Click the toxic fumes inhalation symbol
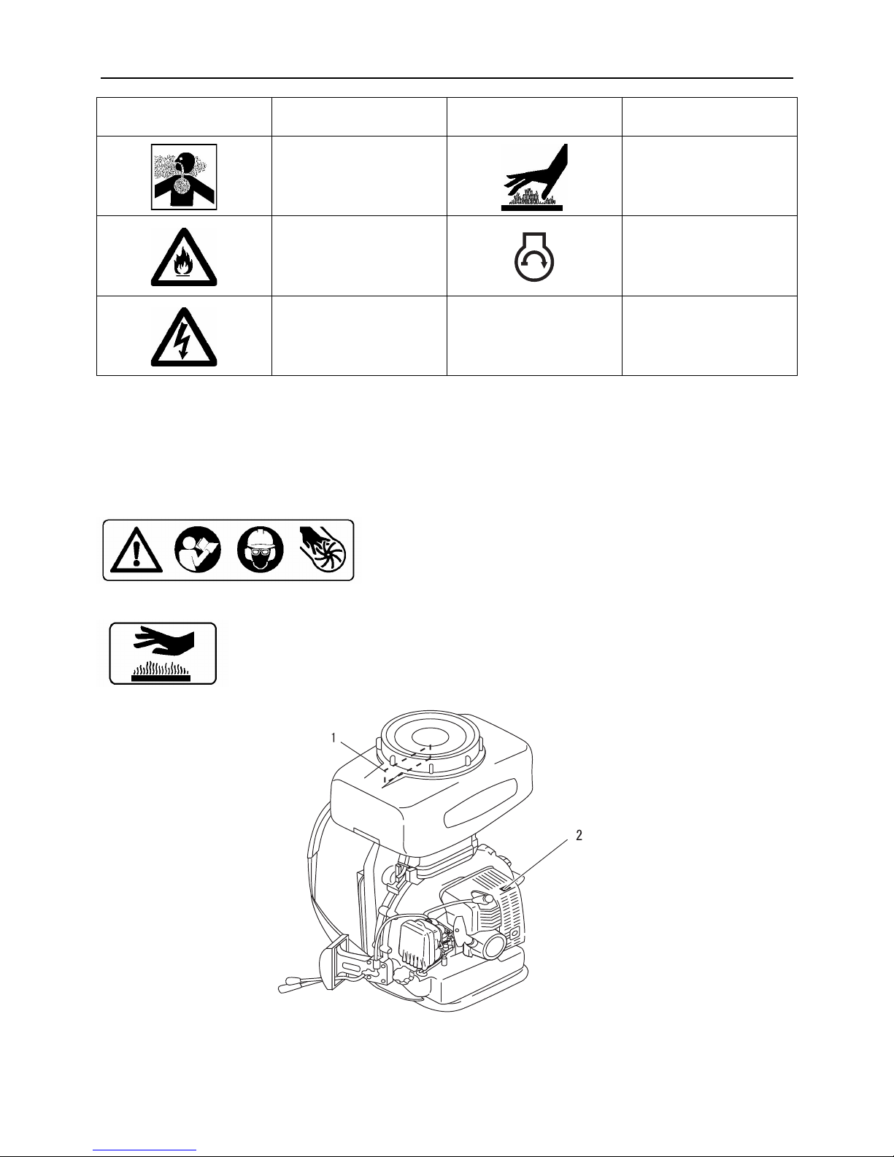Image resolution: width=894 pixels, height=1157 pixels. pyautogui.click(x=184, y=177)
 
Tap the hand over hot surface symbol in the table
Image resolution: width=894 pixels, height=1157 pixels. pyautogui.click(x=533, y=177)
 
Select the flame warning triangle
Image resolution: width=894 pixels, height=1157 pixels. pyautogui.click(x=184, y=257)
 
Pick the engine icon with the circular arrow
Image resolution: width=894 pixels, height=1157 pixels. pyautogui.click(x=534, y=257)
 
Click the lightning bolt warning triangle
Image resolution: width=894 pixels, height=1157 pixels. pyautogui.click(x=184, y=337)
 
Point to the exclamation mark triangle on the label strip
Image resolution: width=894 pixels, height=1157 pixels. pyautogui.click(x=136, y=550)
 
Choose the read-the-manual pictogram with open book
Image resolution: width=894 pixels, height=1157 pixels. pyautogui.click(x=198, y=550)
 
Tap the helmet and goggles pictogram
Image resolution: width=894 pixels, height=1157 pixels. pyautogui.click(x=261, y=550)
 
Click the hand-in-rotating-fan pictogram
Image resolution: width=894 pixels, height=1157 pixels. pyautogui.click(x=323, y=550)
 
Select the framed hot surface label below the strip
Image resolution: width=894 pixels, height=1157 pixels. pyautogui.click(x=163, y=653)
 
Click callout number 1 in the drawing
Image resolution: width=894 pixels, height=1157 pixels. pyautogui.click(x=334, y=738)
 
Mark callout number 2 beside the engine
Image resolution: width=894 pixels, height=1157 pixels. pyautogui.click(x=579, y=835)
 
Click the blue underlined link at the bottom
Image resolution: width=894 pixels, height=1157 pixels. pyautogui.click(x=144, y=1150)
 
